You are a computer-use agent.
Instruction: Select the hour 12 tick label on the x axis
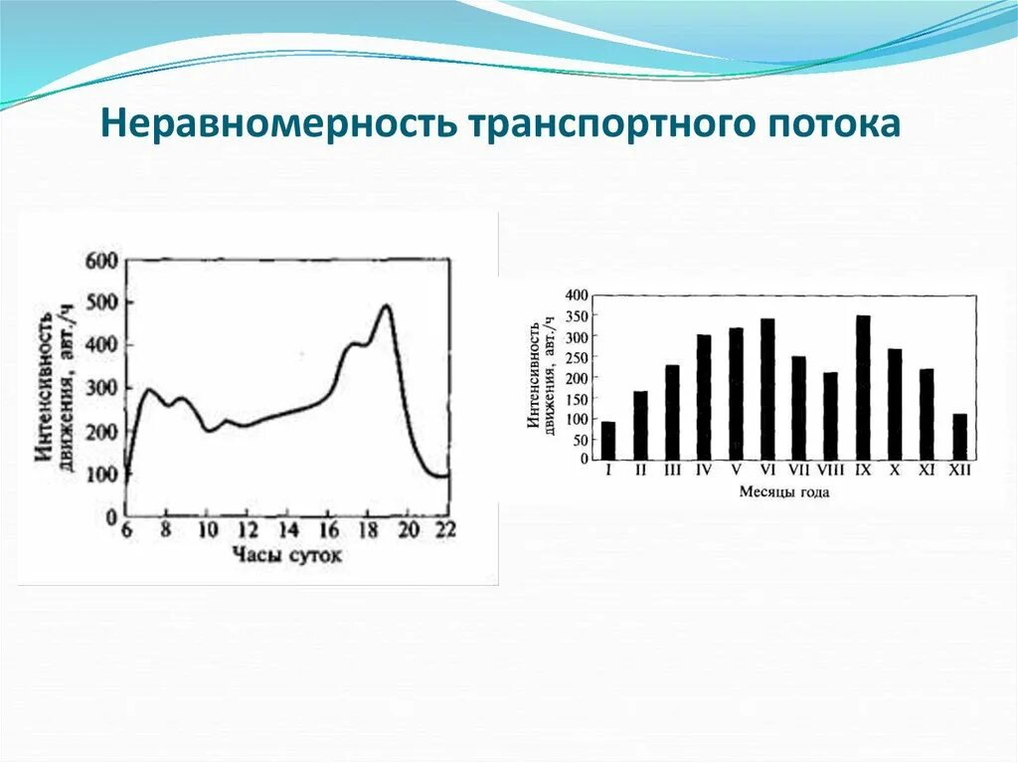[x=247, y=529]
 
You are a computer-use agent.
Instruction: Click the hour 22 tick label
[x=445, y=529]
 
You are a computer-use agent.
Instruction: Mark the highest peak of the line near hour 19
[x=386, y=306]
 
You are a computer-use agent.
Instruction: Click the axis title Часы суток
[x=286, y=554]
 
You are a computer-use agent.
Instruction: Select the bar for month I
[x=608, y=441]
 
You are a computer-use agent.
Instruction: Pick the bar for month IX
[x=863, y=388]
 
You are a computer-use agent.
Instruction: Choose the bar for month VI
[x=767, y=389]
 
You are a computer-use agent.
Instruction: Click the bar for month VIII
[x=831, y=416]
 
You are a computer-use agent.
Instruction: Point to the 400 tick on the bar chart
[x=578, y=295]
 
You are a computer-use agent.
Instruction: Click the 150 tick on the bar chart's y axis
[x=578, y=398]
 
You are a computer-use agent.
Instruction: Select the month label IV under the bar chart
[x=704, y=470]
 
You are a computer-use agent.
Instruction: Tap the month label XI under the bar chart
[x=927, y=470]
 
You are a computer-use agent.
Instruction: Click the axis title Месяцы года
[x=783, y=491]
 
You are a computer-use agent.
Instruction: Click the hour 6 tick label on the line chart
[x=125, y=529]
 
